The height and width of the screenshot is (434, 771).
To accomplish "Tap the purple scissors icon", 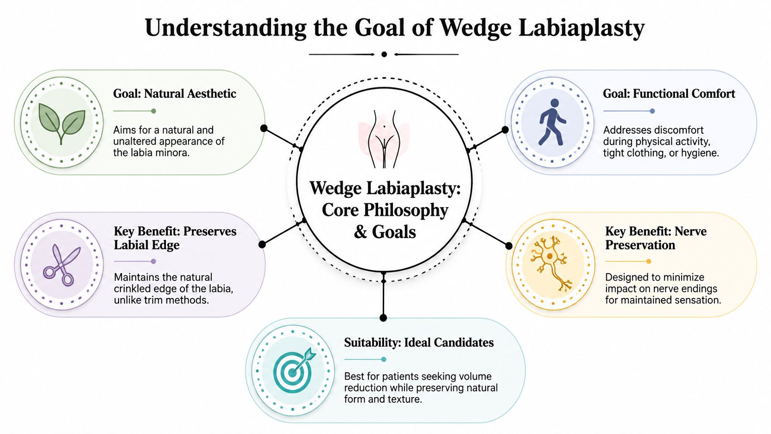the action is click(61, 265).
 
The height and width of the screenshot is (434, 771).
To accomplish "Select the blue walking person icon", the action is click(552, 122).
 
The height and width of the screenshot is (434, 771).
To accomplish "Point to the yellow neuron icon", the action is click(550, 264).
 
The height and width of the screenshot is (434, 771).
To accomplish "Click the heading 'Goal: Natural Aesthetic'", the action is click(174, 94).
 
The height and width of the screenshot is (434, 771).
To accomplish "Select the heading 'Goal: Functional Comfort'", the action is click(669, 94).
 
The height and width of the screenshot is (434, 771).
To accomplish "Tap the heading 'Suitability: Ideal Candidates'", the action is click(419, 343).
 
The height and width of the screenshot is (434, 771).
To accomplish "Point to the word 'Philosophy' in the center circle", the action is click(406, 210).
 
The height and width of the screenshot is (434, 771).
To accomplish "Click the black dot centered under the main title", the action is click(384, 54).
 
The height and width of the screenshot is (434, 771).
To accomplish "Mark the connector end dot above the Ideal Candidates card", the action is click(383, 318).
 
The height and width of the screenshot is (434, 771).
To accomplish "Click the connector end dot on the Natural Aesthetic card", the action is click(264, 128).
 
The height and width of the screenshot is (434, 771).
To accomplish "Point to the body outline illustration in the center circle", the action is click(384, 139).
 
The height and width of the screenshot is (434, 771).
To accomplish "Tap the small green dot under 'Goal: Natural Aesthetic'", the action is click(154, 111).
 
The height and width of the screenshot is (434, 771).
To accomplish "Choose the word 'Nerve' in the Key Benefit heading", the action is click(690, 231).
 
